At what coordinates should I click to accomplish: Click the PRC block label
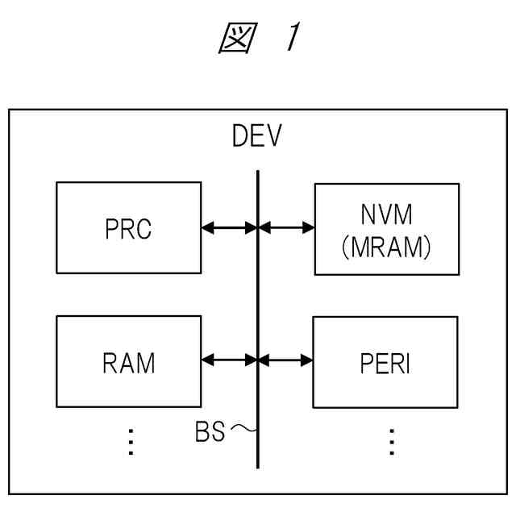pyautogui.click(x=128, y=230)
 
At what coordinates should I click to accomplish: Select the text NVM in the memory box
pyautogui.click(x=386, y=215)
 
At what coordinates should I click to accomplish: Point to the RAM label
pyautogui.click(x=128, y=363)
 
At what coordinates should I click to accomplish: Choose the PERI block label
pyautogui.click(x=385, y=364)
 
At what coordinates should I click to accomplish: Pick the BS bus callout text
pyautogui.click(x=210, y=432)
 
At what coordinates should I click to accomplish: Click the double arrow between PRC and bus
pyautogui.click(x=229, y=228)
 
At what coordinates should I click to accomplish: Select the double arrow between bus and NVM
pyautogui.click(x=286, y=228)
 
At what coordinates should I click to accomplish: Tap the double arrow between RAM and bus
pyautogui.click(x=229, y=360)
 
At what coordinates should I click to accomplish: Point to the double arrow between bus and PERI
pyautogui.click(x=285, y=360)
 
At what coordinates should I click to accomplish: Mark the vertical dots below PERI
pyautogui.click(x=391, y=443)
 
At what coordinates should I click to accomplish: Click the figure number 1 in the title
pyautogui.click(x=292, y=39)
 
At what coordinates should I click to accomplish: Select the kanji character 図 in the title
pyautogui.click(x=237, y=39)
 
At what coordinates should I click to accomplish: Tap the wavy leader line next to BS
pyautogui.click(x=243, y=430)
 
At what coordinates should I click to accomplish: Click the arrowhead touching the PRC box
pyautogui.click(x=207, y=228)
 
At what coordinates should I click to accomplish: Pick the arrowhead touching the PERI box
pyautogui.click(x=307, y=360)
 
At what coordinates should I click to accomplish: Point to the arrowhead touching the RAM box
pyautogui.click(x=207, y=360)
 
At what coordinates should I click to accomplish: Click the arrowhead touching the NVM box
pyautogui.click(x=309, y=228)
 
